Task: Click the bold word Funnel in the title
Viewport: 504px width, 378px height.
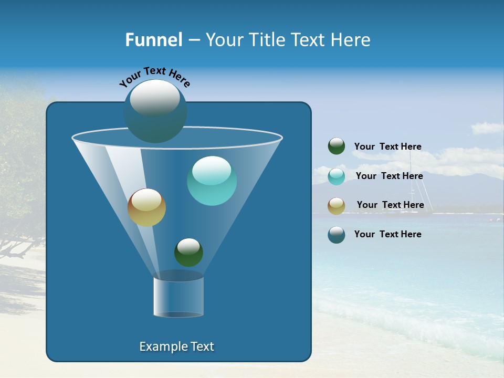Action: point(153,40)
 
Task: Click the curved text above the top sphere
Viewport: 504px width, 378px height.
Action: point(155,77)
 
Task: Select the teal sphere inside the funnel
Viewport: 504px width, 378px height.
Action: point(212,181)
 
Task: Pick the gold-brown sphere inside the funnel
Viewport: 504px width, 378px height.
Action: point(146,208)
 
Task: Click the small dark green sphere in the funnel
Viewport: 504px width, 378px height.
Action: point(188,253)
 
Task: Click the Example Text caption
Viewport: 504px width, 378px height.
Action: point(176,346)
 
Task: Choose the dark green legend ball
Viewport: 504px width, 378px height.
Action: point(337,146)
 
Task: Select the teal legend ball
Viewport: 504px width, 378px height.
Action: point(337,176)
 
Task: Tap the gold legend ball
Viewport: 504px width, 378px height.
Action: point(337,206)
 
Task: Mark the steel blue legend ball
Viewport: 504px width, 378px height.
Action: point(337,235)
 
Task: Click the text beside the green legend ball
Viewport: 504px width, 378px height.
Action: point(387,147)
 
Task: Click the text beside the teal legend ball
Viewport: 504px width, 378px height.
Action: point(389,176)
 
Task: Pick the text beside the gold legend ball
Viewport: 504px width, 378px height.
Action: point(390,205)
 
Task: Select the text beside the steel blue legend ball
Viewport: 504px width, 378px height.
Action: point(387,234)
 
